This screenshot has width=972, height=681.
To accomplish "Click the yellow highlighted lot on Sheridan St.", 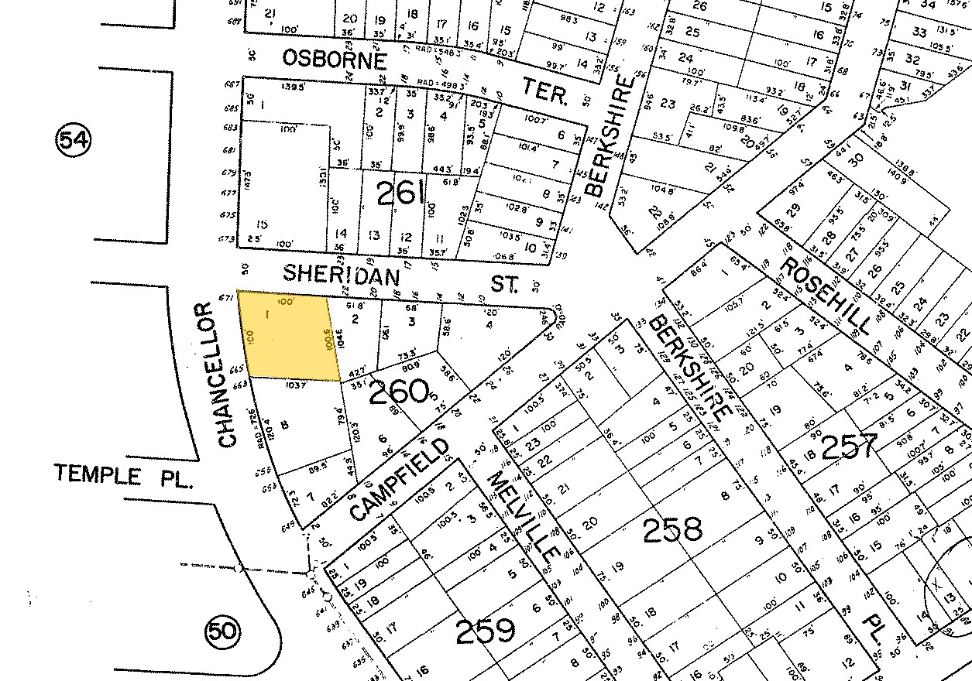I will coord(288,336).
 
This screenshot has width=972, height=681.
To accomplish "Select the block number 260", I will coord(400,392).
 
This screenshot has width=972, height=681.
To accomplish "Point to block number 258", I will coord(671,530).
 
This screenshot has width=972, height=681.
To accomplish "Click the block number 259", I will coord(486,631).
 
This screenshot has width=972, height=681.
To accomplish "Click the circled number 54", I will coord(73,140).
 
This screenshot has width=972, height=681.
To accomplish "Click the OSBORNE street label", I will coord(334,59).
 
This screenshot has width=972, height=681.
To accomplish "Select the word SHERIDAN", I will coord(342,274).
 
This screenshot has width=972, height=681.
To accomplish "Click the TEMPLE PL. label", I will coord(122,474).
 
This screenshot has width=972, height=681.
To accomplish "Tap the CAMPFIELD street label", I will coord(400,480).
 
